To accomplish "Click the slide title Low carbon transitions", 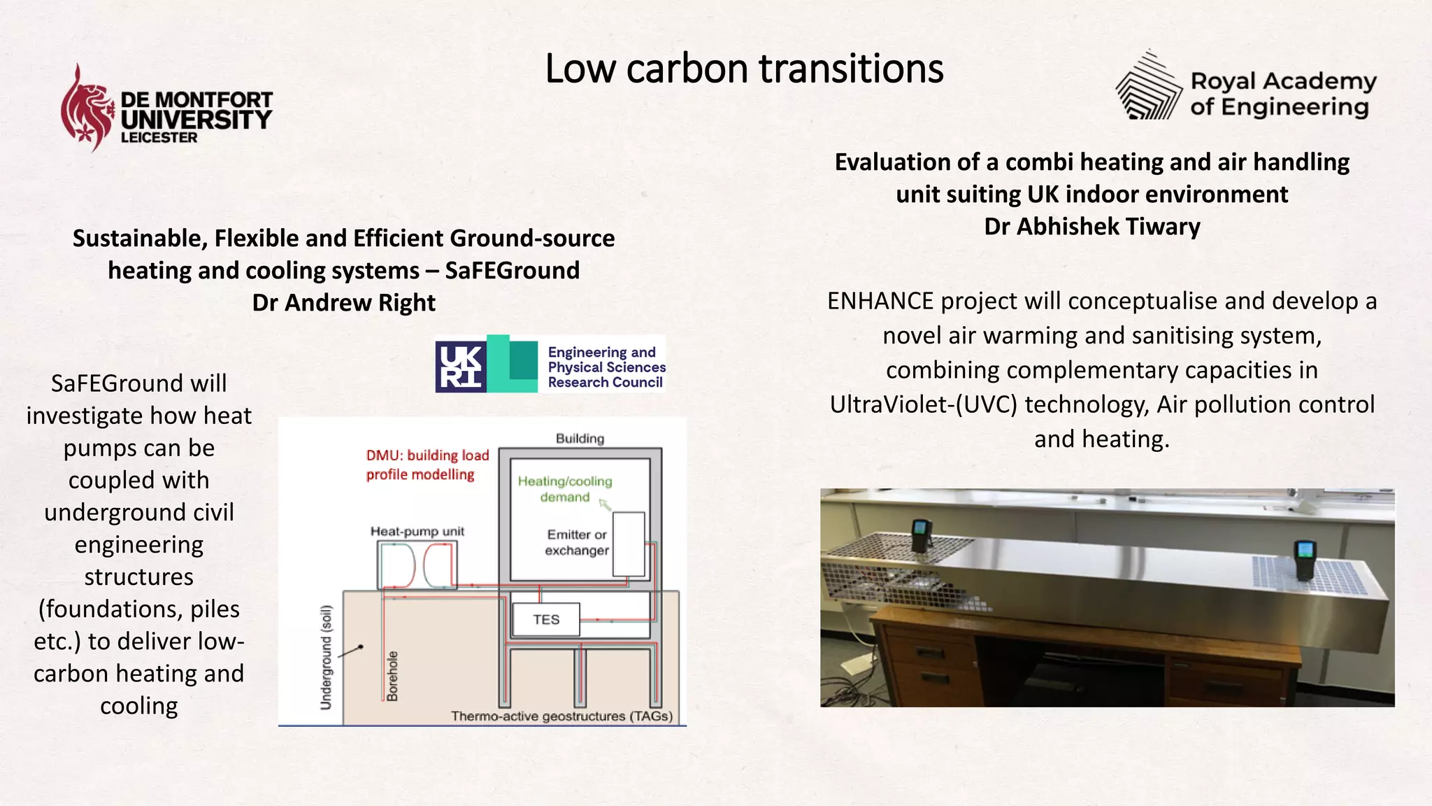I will (743, 69).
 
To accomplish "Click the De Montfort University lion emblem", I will (87, 108).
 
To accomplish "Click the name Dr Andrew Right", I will (343, 303).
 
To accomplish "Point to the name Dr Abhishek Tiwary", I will (1091, 227).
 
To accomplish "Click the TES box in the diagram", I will (546, 620).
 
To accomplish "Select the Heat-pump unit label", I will (417, 532).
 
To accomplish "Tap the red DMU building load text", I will (427, 465).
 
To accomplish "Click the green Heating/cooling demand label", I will (564, 489).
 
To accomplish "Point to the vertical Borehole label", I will (393, 676).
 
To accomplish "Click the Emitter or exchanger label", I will (577, 542).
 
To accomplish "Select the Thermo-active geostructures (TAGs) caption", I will (561, 716).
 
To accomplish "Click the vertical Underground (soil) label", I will (326, 658).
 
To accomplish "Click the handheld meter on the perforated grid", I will (1305, 560).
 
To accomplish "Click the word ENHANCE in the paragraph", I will (880, 302).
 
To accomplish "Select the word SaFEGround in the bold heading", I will (512, 271).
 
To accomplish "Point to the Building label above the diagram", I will (580, 439).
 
